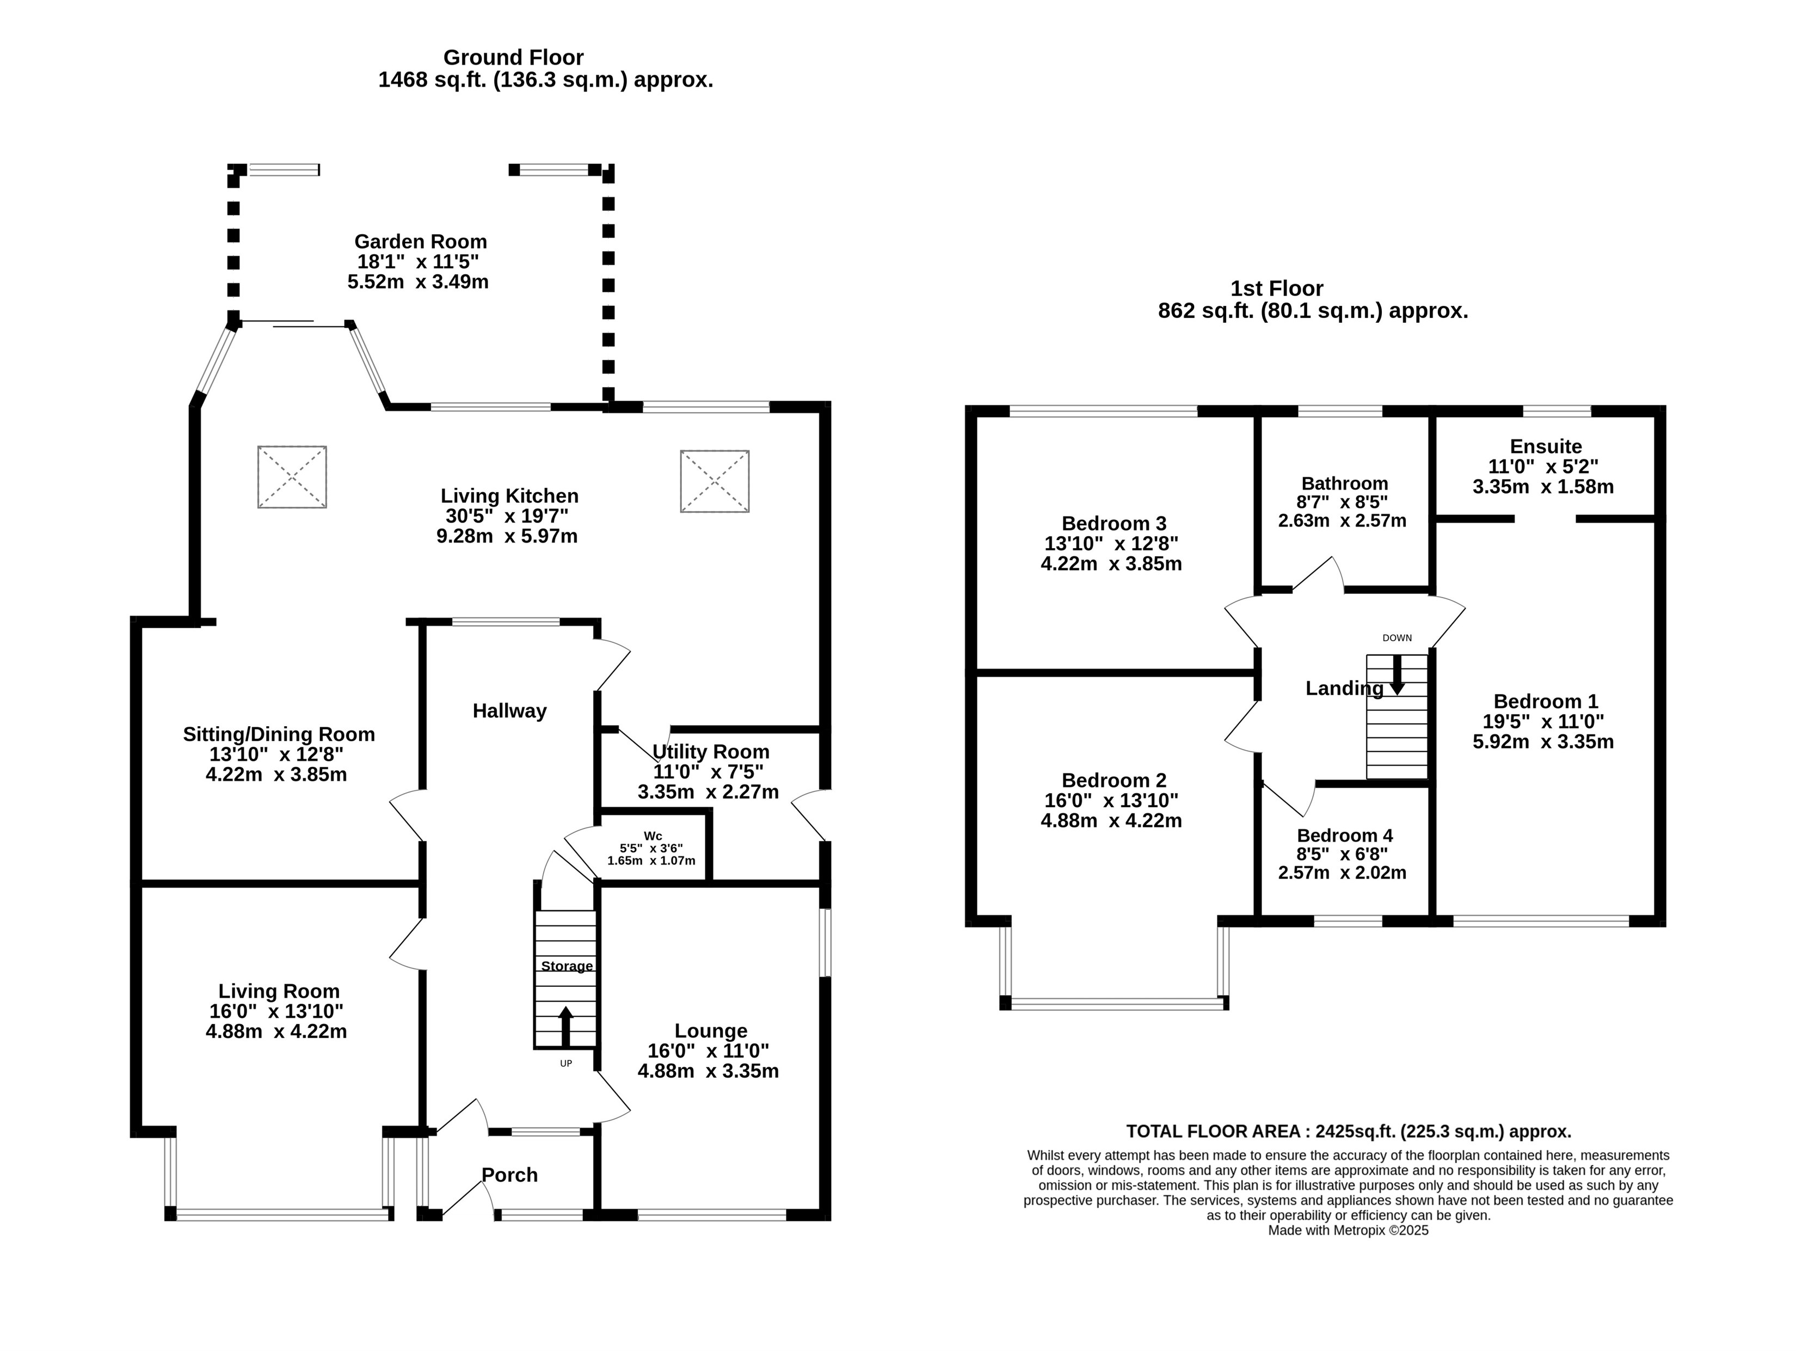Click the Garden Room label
tap(421, 242)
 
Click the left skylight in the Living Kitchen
tap(292, 477)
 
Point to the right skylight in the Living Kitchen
tap(715, 482)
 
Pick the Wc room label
tap(653, 836)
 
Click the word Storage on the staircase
tap(567, 966)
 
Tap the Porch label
tap(510, 1175)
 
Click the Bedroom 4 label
tap(1345, 836)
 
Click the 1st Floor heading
tap(1276, 288)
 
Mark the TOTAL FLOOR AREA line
tap(1348, 1131)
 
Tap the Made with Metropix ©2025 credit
tap(1348, 1230)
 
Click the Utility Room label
tap(711, 752)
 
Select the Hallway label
tap(510, 711)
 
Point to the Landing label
tap(1344, 689)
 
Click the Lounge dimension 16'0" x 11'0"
tap(708, 1051)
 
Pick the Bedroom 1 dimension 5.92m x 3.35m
tap(1543, 741)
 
